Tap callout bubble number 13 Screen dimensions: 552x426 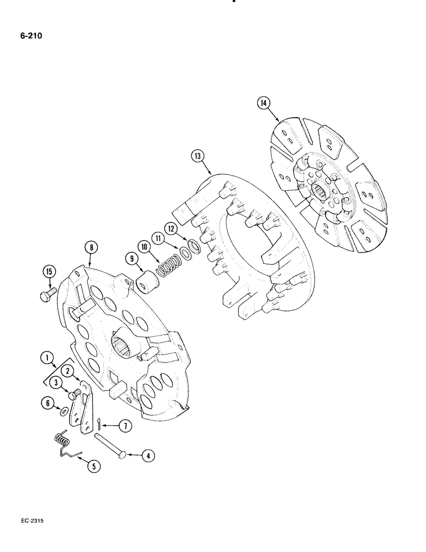coord(197,156)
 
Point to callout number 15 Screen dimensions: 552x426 coord(49,272)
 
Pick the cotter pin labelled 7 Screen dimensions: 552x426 coord(97,423)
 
